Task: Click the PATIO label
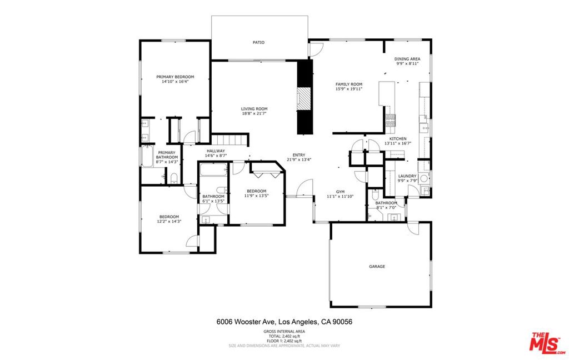click(258, 42)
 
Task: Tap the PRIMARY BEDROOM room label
click(175, 77)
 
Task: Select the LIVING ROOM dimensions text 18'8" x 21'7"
click(254, 113)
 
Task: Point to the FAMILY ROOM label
click(349, 84)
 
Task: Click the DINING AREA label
click(407, 59)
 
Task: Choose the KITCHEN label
click(398, 139)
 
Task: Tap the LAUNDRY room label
click(407, 176)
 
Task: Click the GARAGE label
click(377, 266)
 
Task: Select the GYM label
click(340, 192)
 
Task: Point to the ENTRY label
click(299, 155)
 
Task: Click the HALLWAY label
click(216, 151)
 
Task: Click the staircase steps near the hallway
click(229, 139)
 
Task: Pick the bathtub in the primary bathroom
click(147, 157)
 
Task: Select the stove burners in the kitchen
click(391, 120)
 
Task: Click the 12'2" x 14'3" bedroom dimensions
click(169, 221)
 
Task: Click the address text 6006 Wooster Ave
click(247, 322)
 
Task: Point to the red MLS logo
click(547, 343)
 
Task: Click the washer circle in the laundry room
click(424, 178)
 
